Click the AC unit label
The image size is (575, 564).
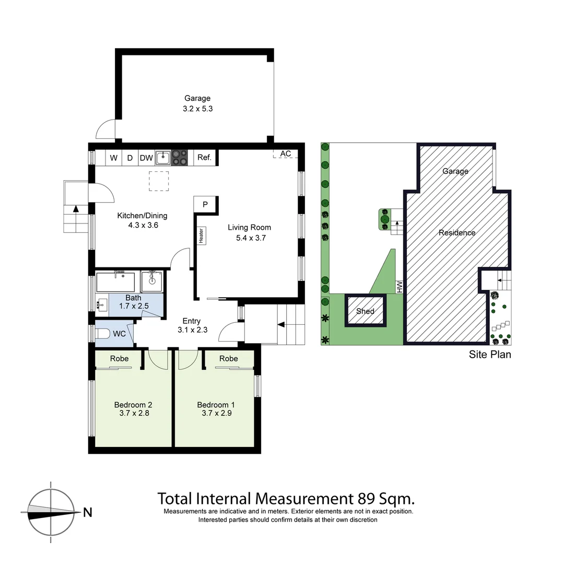(x=286, y=154)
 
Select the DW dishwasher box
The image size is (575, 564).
(x=146, y=157)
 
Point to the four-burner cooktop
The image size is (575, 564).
(x=180, y=157)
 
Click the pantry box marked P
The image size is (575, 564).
(x=205, y=204)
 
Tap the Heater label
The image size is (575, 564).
(x=201, y=235)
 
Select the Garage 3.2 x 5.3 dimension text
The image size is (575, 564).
(x=197, y=109)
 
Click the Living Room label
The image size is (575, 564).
(x=250, y=227)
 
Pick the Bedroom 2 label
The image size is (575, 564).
(x=133, y=405)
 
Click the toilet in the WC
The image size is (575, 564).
(x=104, y=334)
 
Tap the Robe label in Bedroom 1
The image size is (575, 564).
(x=229, y=358)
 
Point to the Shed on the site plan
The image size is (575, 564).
(x=365, y=311)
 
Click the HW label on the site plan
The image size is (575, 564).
(x=400, y=286)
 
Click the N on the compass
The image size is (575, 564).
(x=88, y=512)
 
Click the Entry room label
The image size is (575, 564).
(x=191, y=321)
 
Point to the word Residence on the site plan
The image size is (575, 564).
(x=457, y=232)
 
